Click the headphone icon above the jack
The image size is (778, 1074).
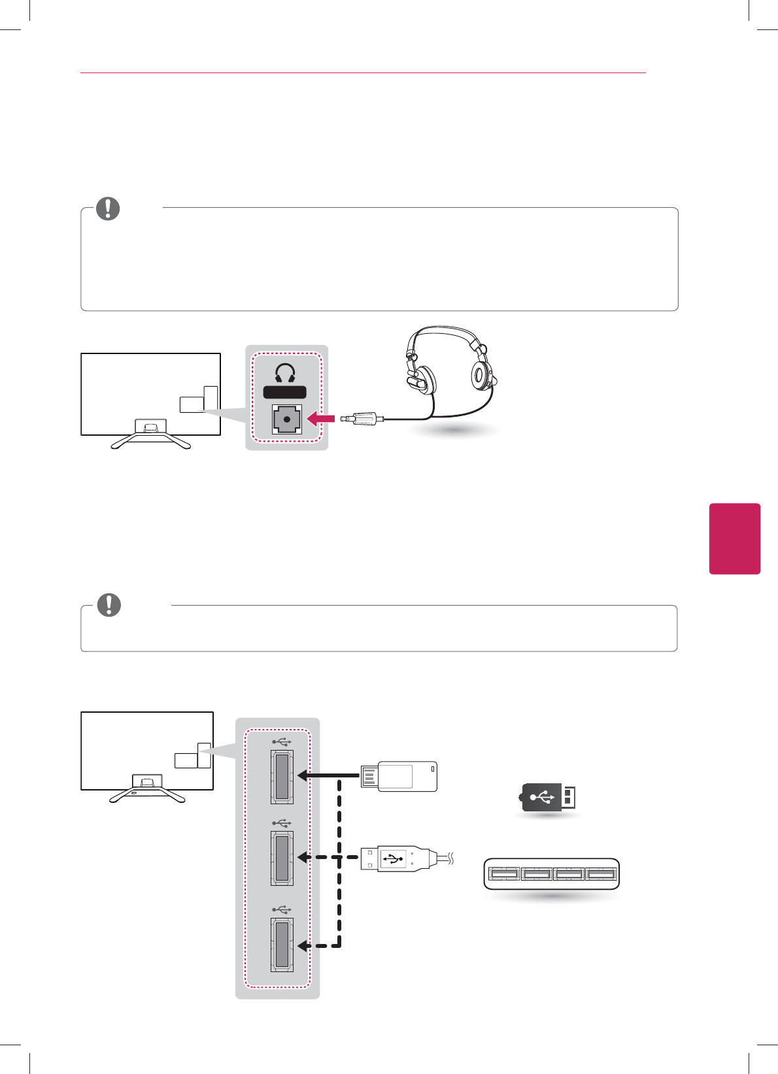[x=284, y=373]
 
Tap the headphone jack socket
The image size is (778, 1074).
[x=287, y=419]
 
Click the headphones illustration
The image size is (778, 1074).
[x=451, y=369]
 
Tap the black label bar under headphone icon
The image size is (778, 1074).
[x=284, y=392]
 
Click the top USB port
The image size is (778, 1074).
[x=282, y=776]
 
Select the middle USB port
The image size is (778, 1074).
[x=282, y=858]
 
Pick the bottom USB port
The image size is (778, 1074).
[x=282, y=944]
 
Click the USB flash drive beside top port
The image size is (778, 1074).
[x=399, y=776]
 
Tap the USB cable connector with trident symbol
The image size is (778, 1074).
[x=396, y=858]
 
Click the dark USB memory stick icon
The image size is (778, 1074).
[x=547, y=797]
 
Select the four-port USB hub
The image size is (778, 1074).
[x=551, y=874]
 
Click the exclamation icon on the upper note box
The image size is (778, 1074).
[x=108, y=208]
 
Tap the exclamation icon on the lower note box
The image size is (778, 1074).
[x=109, y=605]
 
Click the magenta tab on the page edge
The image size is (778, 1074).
[x=735, y=538]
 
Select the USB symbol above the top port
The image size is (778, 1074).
[x=282, y=742]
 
